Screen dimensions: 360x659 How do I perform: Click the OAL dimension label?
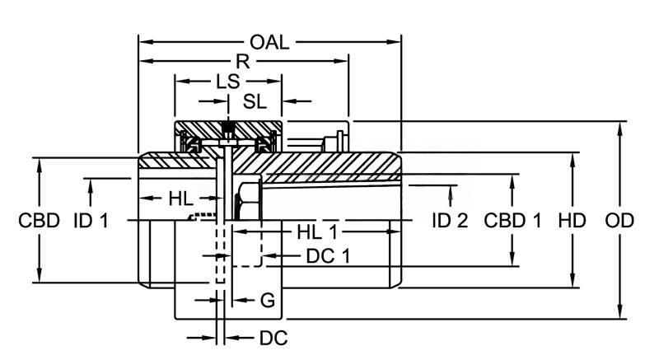pos(269,41)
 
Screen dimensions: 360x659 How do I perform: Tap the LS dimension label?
pos(228,82)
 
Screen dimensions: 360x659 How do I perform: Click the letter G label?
pos(267,301)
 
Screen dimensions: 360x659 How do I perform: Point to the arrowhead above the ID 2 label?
pos(451,191)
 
